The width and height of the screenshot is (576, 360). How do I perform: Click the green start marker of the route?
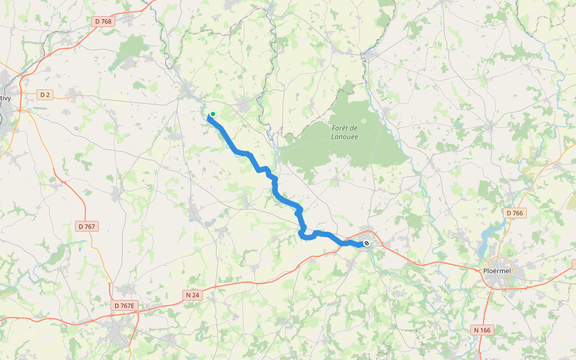point(212,114)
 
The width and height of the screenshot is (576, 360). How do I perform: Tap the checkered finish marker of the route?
point(367,243)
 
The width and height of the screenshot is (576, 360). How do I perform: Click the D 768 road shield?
point(103,21)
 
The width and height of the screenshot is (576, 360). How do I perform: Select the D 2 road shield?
point(45,95)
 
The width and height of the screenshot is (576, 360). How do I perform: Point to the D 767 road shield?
point(87,226)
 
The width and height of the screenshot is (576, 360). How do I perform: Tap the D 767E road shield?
point(125,305)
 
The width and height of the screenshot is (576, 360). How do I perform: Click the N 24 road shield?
point(192,295)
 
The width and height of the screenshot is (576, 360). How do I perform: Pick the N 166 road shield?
point(482,330)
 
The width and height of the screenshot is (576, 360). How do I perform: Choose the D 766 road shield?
point(514,213)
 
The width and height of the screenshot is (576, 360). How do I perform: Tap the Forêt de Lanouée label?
point(344,131)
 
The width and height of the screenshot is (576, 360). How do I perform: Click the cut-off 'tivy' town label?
point(5,98)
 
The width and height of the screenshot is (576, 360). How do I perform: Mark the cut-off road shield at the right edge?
point(574,264)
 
